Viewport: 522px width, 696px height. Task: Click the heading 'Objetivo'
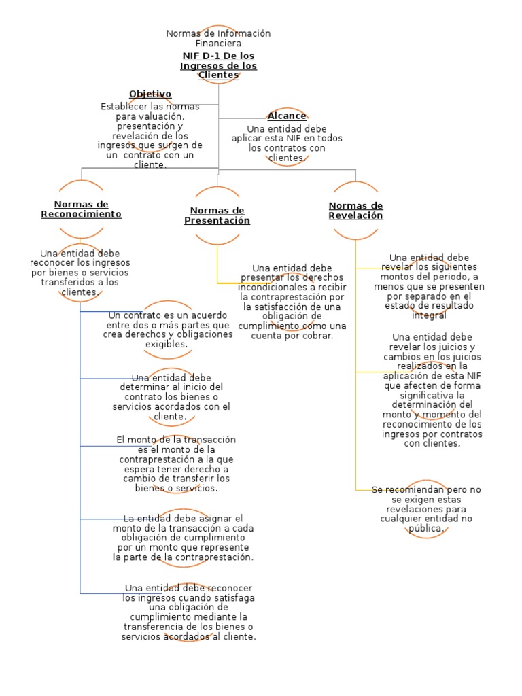(150, 94)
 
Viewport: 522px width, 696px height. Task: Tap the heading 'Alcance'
(286, 116)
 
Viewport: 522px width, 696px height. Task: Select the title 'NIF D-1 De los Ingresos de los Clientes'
(218, 65)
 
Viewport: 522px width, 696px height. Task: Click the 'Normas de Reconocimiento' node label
(81, 209)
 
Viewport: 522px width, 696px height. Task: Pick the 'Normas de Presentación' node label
(217, 215)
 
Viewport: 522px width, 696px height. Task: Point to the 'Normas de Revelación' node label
(355, 211)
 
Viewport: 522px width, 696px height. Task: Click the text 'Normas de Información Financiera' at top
(218, 38)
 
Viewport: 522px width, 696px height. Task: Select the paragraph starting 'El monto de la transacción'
(176, 464)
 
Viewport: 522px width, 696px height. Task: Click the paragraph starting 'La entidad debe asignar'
(183, 538)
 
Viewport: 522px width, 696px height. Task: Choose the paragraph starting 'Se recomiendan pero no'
(426, 508)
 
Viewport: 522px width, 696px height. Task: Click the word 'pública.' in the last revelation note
(426, 528)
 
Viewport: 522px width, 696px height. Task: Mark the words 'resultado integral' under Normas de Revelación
(430, 310)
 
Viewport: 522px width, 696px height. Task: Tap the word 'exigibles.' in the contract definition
(167, 345)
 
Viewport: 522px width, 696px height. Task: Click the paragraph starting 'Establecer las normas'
(150, 135)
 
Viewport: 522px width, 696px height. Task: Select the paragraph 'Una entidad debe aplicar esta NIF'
(286, 143)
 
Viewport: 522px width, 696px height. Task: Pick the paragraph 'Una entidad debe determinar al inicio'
(171, 396)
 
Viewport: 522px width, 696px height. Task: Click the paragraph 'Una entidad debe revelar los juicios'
(432, 390)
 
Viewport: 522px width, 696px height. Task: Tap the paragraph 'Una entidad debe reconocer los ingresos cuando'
(188, 612)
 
